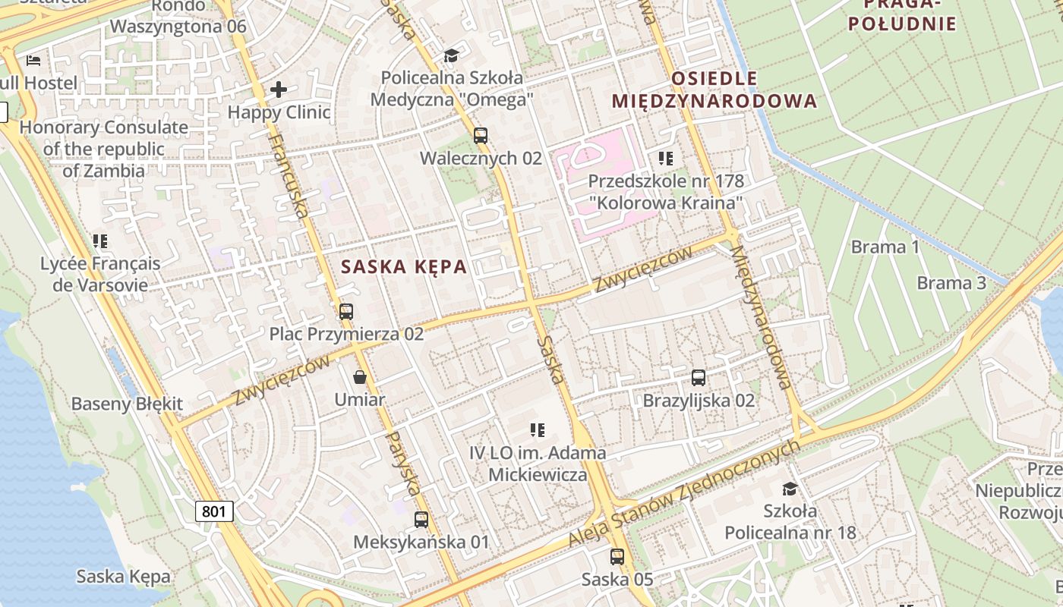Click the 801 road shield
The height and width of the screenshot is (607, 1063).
(x=214, y=511)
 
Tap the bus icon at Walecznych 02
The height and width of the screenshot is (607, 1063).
(x=480, y=136)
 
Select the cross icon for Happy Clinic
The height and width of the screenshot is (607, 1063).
(x=279, y=90)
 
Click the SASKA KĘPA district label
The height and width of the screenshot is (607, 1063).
(x=404, y=267)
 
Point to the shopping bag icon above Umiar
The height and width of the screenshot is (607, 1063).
(x=360, y=377)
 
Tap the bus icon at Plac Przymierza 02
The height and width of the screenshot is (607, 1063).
(x=346, y=311)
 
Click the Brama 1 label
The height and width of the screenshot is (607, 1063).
(x=885, y=247)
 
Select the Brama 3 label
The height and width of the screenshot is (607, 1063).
(x=951, y=283)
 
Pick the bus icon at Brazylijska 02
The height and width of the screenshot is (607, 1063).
(x=699, y=377)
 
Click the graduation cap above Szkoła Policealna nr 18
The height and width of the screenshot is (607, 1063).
(x=790, y=488)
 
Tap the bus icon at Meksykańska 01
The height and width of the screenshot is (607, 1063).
(x=421, y=520)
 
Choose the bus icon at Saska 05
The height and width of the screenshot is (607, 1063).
(x=617, y=557)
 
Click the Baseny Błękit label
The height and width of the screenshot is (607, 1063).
(x=127, y=404)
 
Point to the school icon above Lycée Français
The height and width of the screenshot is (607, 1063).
(x=100, y=241)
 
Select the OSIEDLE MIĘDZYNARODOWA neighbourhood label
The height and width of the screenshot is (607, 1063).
(x=714, y=90)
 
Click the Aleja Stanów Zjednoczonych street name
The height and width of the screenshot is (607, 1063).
(x=683, y=493)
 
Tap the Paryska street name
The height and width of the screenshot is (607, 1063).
(x=403, y=463)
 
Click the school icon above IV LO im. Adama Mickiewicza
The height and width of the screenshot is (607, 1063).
(x=538, y=430)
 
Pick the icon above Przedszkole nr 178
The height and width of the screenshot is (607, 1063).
(x=666, y=159)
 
